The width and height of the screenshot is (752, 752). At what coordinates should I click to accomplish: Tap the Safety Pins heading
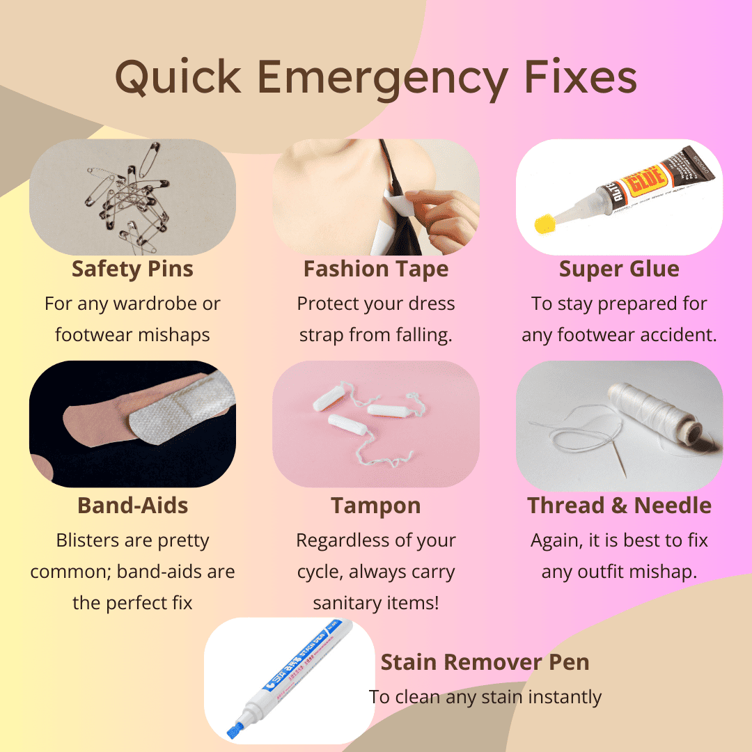pos(132,269)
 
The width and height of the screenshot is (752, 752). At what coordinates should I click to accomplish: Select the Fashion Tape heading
pos(376,269)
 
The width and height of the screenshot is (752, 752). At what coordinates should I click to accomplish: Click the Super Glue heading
pos(619,269)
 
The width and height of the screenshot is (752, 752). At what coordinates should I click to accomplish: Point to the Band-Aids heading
pos(133,506)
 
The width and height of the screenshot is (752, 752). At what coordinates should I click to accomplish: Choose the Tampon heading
pos(376,506)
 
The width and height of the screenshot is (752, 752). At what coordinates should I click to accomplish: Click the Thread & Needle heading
pos(619,506)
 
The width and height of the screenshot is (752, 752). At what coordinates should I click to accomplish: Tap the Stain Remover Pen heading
pos(485,662)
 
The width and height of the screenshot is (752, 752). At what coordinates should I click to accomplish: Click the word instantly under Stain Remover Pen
pos(565,697)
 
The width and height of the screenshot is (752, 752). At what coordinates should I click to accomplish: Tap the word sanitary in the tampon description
pos(343,603)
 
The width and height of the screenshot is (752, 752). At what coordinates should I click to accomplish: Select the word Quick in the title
pos(178,78)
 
